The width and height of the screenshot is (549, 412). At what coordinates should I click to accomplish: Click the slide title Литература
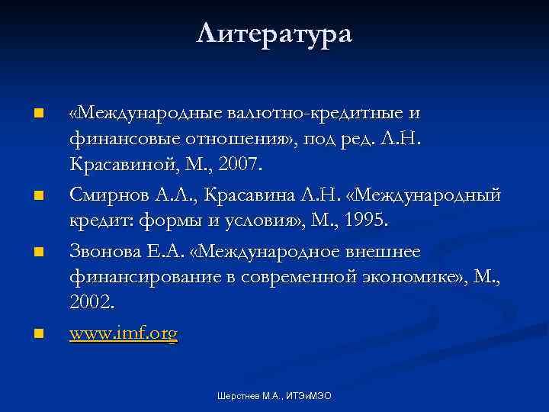click(274, 34)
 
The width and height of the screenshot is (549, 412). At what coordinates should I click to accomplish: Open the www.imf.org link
click(124, 333)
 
